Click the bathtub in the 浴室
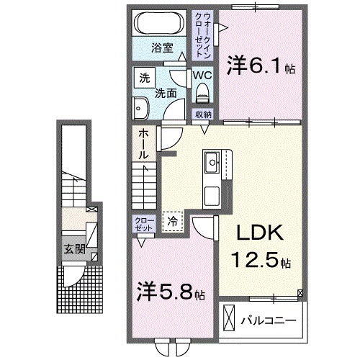tap(160, 24)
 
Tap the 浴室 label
tap(161, 48)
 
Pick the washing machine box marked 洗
tap(144, 76)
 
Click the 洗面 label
tap(165, 93)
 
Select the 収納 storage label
tap(202, 114)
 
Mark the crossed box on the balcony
tap(228, 317)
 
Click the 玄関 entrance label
tap(71, 250)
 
